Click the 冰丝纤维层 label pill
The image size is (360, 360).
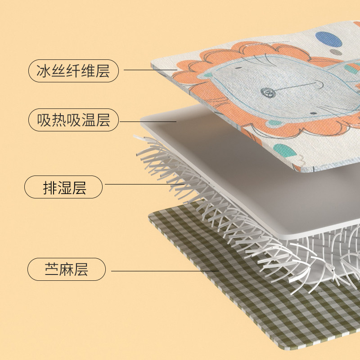click(x=73, y=71)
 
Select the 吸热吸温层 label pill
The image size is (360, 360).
click(x=73, y=120)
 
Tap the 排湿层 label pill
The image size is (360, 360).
click(x=63, y=187)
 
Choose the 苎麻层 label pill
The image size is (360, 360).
click(x=67, y=270)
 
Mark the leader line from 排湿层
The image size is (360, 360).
click(x=144, y=184)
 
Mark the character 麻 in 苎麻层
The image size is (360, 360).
click(x=67, y=270)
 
